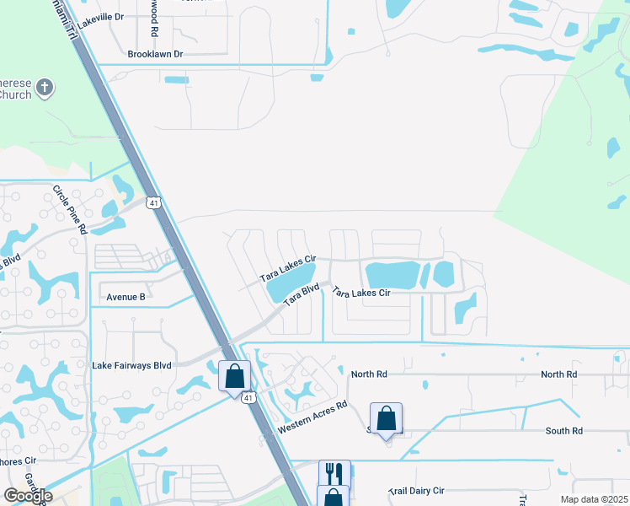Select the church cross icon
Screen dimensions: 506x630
pos(45,86)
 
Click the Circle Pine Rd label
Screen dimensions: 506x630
pos(70,210)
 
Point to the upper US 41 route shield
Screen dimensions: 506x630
pos(152,202)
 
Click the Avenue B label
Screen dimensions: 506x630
pos(125,297)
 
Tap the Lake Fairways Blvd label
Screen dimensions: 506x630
pos(131,365)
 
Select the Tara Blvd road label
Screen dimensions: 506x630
pos(302,295)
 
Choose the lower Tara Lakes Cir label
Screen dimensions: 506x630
pos(360,293)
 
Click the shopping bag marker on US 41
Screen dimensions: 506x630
pos(235,376)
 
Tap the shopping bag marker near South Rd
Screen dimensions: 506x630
pos(386,418)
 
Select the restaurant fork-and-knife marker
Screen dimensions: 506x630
pos(334,474)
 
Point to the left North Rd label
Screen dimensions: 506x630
pos(369,374)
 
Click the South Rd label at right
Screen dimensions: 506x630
pos(563,431)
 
